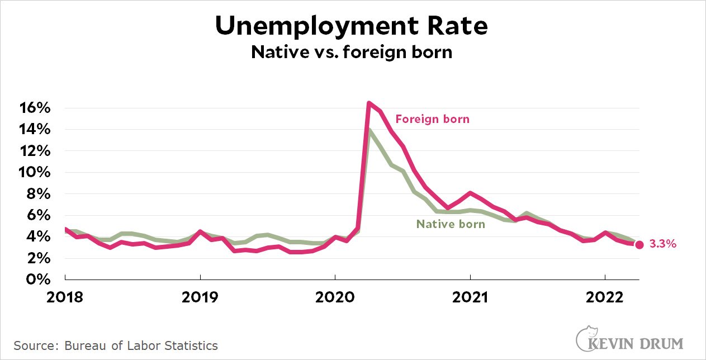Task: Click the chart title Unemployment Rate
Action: (x=352, y=26)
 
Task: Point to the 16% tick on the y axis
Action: (x=37, y=108)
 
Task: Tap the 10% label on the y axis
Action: (x=37, y=172)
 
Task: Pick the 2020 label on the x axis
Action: (x=335, y=297)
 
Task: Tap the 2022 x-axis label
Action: (x=605, y=297)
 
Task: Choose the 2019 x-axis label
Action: (x=200, y=297)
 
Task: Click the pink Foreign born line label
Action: (x=432, y=119)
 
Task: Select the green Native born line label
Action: (x=451, y=224)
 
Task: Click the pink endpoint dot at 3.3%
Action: (x=639, y=244)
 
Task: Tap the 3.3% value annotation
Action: (x=663, y=244)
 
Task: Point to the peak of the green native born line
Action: (x=369, y=131)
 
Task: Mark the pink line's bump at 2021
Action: (x=470, y=193)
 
